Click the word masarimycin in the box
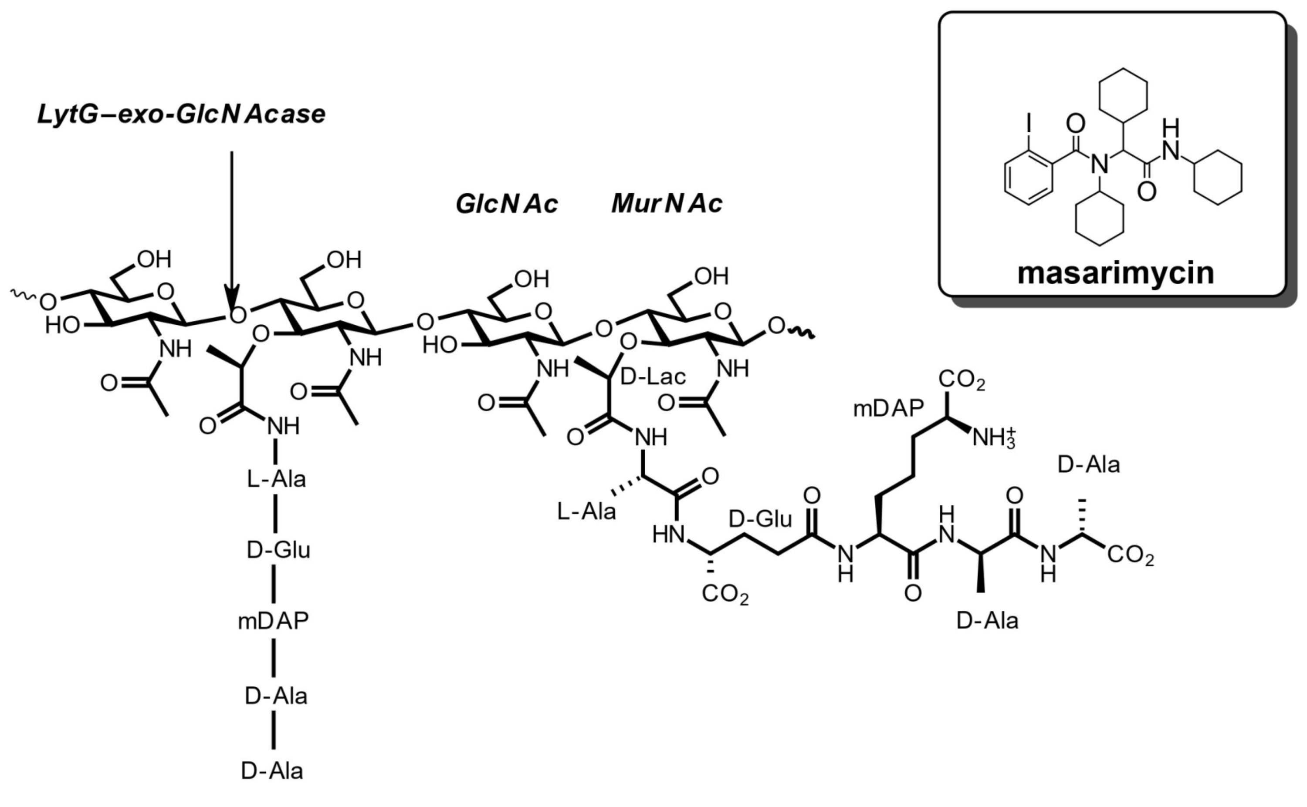click(1115, 273)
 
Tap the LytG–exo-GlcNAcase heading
click(181, 114)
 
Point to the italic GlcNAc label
click(506, 204)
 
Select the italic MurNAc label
click(667, 204)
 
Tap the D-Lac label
click(653, 377)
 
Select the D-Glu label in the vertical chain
click(278, 550)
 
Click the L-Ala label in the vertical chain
click(276, 479)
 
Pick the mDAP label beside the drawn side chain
click(888, 409)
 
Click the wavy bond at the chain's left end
click(22, 295)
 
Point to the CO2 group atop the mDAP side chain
click(962, 380)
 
